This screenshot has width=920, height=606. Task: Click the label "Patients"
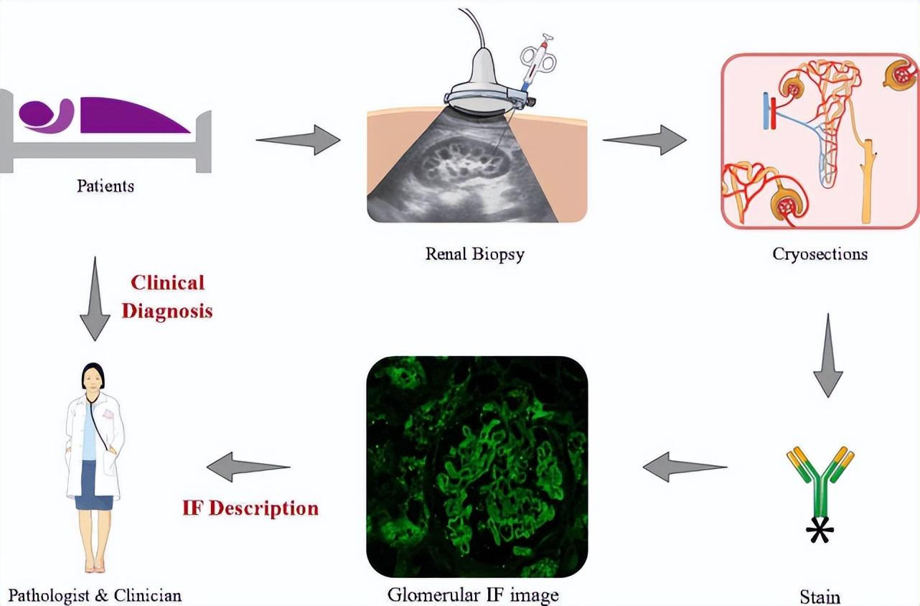[105, 186]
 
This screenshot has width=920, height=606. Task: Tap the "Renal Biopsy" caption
[474, 253]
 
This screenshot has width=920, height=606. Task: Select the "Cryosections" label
[820, 253]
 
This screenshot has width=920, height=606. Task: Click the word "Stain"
[820, 597]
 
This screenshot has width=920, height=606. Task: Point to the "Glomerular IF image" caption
[473, 595]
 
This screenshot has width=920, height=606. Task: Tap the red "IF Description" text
[250, 508]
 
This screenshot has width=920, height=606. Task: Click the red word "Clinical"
[167, 282]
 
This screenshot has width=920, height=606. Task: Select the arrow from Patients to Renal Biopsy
[298, 139]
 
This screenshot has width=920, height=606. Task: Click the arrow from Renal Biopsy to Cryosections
[644, 139]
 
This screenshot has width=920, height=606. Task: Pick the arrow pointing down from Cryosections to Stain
[828, 355]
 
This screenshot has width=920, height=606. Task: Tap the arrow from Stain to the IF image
[685, 467]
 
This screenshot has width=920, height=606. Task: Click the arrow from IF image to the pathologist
[248, 467]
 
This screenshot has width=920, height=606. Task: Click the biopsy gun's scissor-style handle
[538, 57]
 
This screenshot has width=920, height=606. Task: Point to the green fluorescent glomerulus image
[477, 467]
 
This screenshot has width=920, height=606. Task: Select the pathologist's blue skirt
[94, 485]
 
